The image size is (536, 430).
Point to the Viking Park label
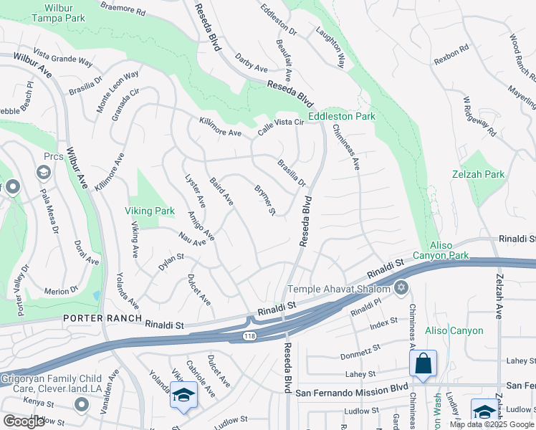tap(150, 211)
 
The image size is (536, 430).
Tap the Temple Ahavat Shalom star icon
tap(401, 289)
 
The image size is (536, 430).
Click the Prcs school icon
tap(43, 173)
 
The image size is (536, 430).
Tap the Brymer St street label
tap(265, 200)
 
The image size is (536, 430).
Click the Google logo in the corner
tap(24, 421)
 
